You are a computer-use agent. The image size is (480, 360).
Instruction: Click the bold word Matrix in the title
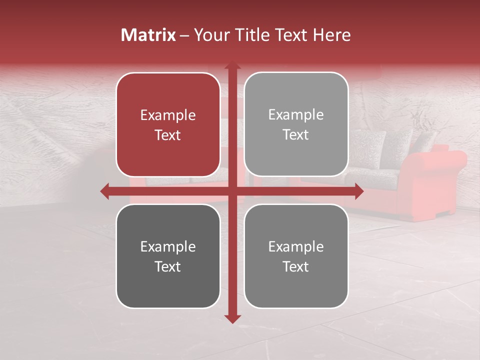(148, 35)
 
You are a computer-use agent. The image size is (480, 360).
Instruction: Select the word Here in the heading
(331, 35)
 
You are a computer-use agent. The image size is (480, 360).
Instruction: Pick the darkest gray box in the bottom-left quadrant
(168, 285)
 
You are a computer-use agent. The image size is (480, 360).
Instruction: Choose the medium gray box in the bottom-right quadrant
(296, 285)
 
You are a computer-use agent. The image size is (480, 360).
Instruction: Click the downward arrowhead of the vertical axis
(232, 318)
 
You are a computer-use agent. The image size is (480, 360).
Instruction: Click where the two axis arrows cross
(232, 191)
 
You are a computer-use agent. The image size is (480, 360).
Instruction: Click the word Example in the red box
(168, 115)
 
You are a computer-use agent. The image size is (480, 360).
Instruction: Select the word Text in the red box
(168, 135)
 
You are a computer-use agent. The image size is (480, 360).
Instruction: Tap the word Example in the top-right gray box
(296, 115)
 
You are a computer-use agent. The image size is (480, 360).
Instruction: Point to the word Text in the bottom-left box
(168, 266)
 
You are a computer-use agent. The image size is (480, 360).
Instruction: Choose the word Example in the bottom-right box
(296, 246)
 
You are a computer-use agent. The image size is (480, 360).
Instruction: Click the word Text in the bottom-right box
(296, 266)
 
